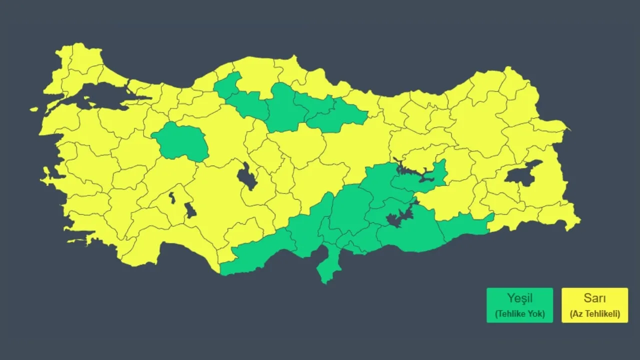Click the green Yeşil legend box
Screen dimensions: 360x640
click(519, 305)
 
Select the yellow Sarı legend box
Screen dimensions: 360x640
click(594, 305)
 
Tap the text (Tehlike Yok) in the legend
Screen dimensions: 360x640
click(519, 314)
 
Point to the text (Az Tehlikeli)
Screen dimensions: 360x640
click(594, 314)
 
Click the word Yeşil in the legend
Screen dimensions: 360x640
click(519, 299)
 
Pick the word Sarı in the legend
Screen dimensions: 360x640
click(594, 299)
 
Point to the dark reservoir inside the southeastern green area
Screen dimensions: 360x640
click(400, 217)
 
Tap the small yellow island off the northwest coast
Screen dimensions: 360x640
click(34, 108)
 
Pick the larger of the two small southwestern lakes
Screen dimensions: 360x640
click(190, 210)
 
